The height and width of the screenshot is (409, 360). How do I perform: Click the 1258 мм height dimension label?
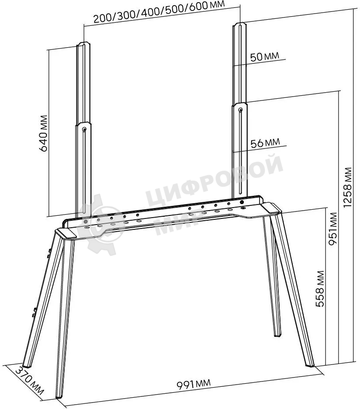coord(348,187)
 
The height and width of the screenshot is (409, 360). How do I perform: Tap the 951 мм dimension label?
coord(333,229)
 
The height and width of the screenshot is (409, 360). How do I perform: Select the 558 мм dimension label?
coord(320,288)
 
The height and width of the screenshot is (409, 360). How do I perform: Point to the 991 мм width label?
coord(193,384)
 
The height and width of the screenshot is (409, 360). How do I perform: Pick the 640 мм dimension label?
coord(44,133)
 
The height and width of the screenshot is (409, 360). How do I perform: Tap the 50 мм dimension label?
coord(264,56)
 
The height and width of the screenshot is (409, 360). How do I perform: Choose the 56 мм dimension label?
coord(265,142)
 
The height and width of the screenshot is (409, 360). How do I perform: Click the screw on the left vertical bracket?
coord(84,129)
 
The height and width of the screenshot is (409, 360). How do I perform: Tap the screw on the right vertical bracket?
coord(240,109)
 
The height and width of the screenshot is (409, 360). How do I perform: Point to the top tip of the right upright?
coord(240,24)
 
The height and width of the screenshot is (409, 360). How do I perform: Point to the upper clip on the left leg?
coord(49,253)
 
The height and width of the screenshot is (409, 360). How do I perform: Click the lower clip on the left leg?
coord(34,312)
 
